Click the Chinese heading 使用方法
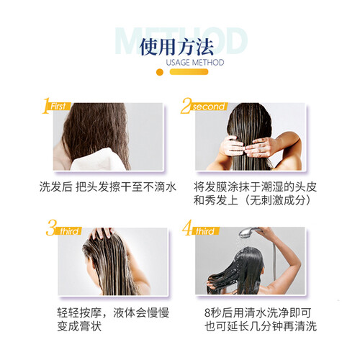pyautogui.click(x=176, y=47)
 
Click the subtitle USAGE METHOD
pyautogui.click(x=195, y=63)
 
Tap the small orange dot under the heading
pyautogui.click(x=160, y=72)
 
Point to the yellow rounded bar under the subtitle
pyautogui.click(x=189, y=72)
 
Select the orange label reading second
pyautogui.click(x=209, y=107)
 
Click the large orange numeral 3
pyautogui.click(x=51, y=228)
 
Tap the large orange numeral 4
pyautogui.click(x=186, y=228)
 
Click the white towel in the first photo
pyautogui.click(x=96, y=161)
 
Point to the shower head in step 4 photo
pyautogui.click(x=248, y=232)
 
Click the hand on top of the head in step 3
pyautogui.click(x=102, y=233)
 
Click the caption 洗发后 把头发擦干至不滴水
pyautogui.click(x=108, y=187)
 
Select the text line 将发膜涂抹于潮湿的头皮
pyautogui.click(x=256, y=187)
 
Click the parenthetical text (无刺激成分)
pyautogui.click(x=278, y=200)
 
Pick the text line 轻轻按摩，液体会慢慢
pyautogui.click(x=113, y=312)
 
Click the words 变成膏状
pyautogui.click(x=79, y=326)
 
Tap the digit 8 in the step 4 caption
pyautogui.click(x=207, y=313)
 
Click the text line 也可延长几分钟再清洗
pyautogui.click(x=261, y=326)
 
